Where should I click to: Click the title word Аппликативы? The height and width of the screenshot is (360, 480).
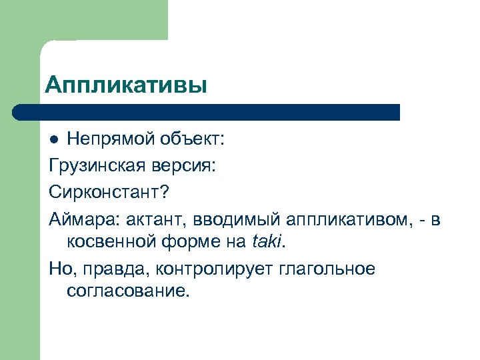point(126,85)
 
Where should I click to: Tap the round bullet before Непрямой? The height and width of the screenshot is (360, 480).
point(56,141)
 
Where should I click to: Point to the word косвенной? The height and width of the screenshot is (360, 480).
point(113,243)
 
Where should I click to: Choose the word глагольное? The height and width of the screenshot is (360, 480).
point(319,269)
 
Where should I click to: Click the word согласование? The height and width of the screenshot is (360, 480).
point(129,293)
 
